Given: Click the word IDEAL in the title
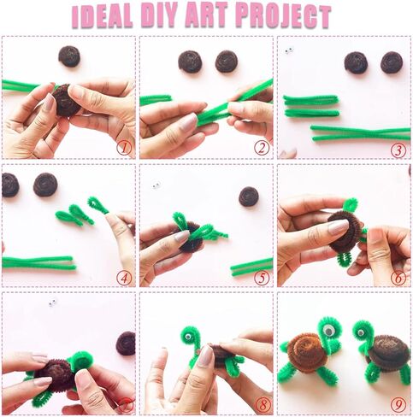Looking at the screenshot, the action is click(x=103, y=16).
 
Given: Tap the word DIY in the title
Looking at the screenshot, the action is click(x=160, y=15).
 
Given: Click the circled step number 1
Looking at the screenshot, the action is click(x=124, y=149).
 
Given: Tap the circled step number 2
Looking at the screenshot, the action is click(x=262, y=149).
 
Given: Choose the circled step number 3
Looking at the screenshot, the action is click(x=398, y=150).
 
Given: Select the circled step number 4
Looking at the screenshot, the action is click(x=124, y=278).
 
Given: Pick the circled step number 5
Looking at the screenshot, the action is click(x=262, y=278).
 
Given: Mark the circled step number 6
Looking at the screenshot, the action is click(x=398, y=278).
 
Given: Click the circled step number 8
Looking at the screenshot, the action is click(x=263, y=404).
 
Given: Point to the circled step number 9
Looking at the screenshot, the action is click(x=398, y=404).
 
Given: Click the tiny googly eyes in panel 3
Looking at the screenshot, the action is click(x=289, y=51).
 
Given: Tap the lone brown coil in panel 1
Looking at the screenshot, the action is click(x=69, y=56).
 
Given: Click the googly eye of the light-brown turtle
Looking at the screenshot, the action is click(x=328, y=331).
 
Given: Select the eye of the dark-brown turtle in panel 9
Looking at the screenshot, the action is click(x=361, y=332).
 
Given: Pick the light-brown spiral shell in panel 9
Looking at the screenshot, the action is click(x=304, y=352).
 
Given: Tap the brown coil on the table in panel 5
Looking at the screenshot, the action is click(x=249, y=197).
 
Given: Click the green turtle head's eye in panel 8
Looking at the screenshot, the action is click(x=188, y=337).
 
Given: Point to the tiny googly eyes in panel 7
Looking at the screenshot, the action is click(x=52, y=302).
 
